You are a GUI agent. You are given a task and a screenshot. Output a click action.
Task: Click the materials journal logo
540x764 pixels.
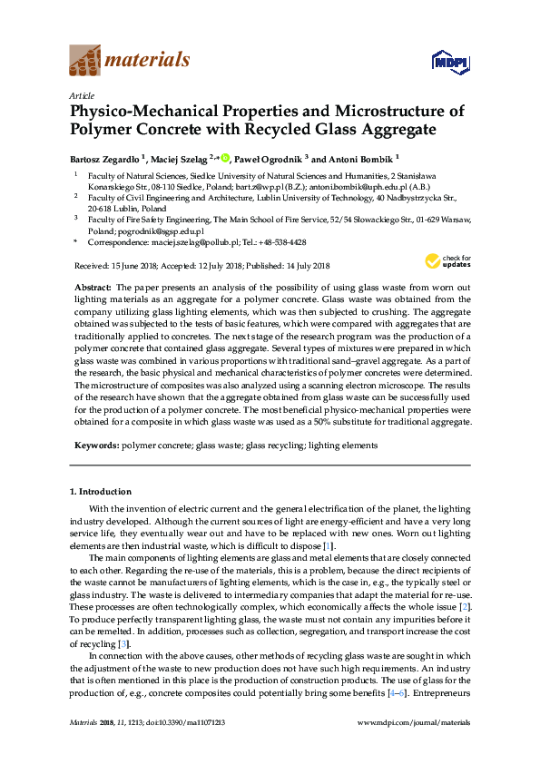point(130,61)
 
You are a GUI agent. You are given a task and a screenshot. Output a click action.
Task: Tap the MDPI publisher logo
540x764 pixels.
point(441,62)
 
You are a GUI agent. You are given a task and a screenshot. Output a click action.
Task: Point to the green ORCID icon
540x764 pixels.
point(225,157)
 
